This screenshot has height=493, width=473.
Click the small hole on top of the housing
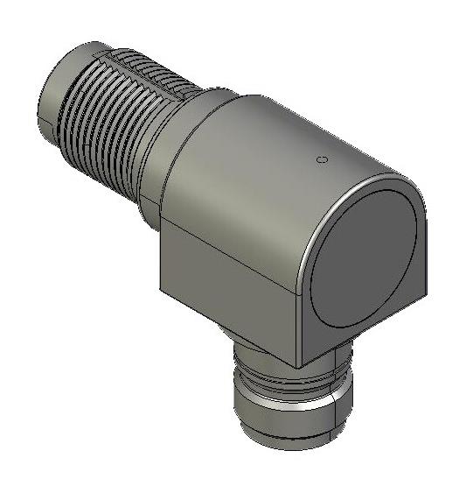coord(321,160)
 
